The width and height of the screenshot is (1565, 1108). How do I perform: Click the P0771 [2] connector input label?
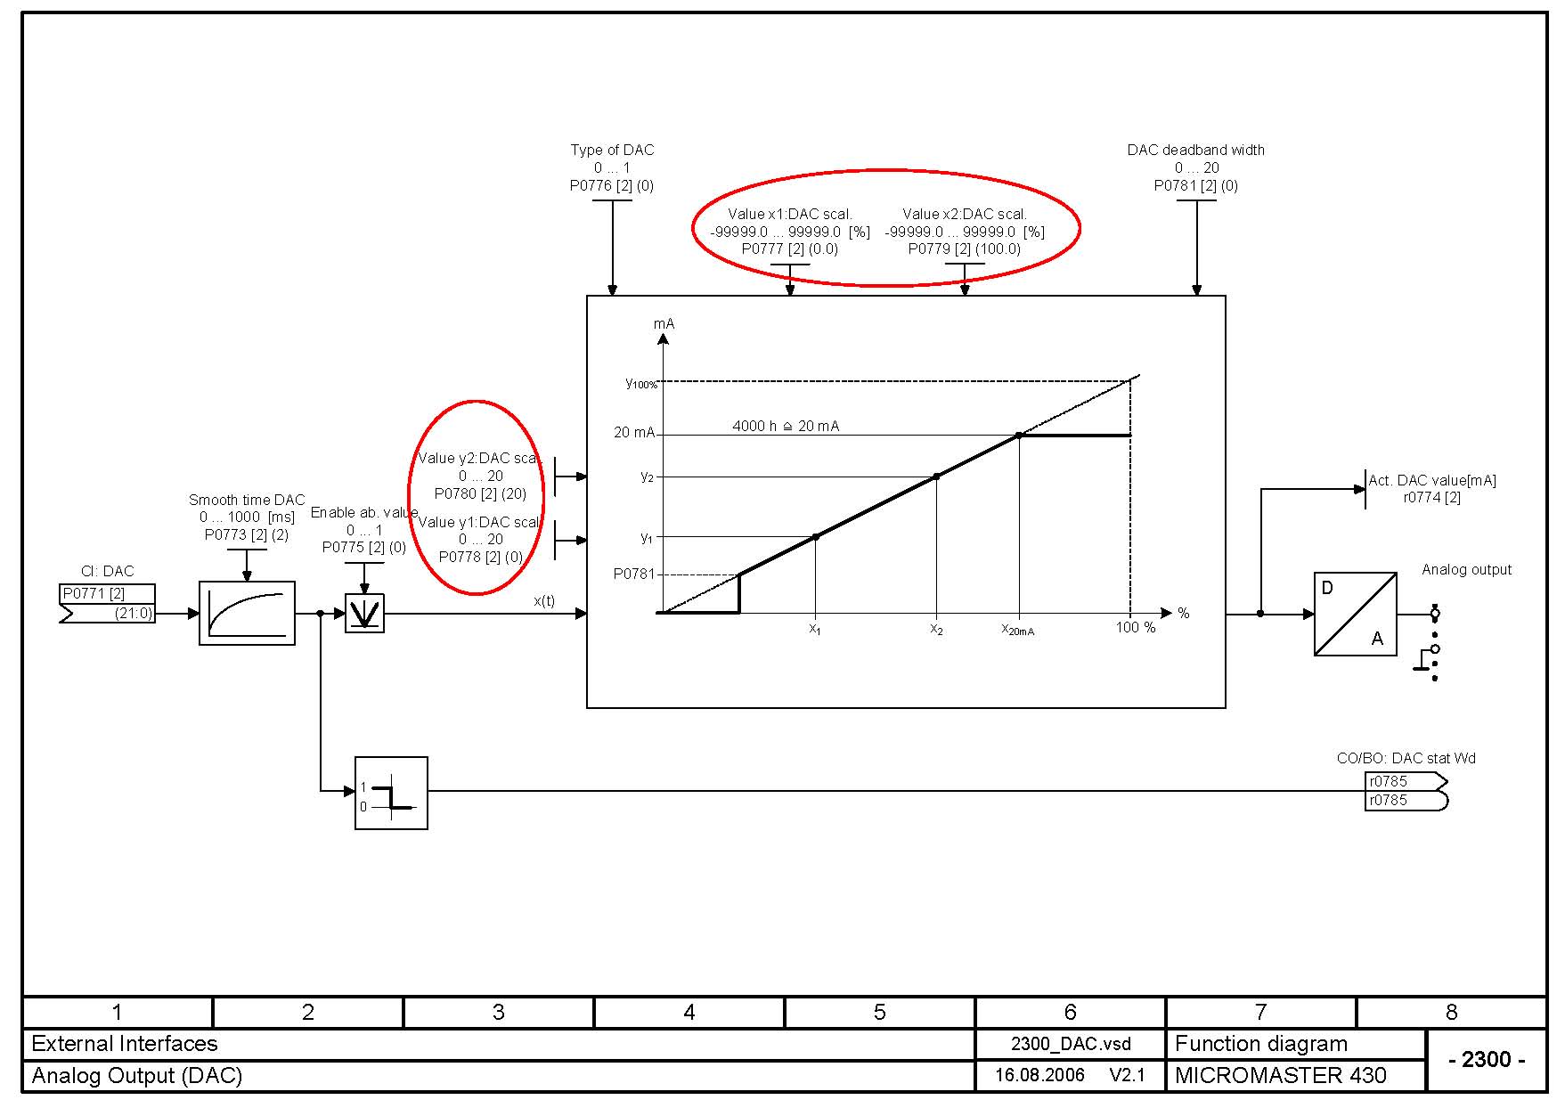point(94,593)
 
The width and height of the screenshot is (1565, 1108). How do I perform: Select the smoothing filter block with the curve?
point(247,613)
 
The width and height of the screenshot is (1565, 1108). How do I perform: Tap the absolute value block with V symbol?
point(364,614)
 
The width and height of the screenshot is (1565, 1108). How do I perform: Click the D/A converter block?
point(1355,614)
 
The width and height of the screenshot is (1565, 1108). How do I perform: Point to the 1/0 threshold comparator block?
point(391,793)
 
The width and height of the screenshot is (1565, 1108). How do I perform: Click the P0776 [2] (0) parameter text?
point(612,186)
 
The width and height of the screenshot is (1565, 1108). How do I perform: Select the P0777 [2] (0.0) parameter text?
point(790,249)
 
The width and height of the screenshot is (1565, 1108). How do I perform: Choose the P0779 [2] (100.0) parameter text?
point(965,249)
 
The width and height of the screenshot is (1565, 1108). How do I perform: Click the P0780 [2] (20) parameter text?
point(480,493)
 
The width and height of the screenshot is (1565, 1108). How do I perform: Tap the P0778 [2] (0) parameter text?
point(481,557)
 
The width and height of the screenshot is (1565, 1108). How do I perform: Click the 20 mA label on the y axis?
point(633,433)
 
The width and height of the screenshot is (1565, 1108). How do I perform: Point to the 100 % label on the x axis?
point(1136,628)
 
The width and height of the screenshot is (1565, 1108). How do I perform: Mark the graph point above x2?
point(936,477)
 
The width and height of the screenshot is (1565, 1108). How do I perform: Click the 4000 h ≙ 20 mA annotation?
point(786,427)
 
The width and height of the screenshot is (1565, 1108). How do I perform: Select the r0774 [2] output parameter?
point(1431,498)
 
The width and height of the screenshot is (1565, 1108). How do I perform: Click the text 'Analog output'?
point(1466,570)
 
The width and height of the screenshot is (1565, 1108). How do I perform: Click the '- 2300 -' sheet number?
point(1487,1059)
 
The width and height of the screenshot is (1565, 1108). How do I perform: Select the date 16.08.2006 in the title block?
point(1039,1075)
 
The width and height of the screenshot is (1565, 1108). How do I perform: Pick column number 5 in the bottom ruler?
point(879,1012)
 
